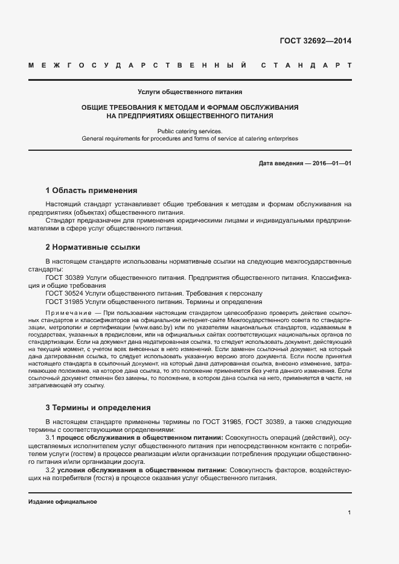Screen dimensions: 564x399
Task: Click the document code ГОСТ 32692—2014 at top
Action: point(315,42)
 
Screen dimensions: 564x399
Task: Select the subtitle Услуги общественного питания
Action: point(190,92)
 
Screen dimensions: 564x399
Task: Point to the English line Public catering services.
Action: point(190,131)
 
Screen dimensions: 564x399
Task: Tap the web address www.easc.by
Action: point(154,327)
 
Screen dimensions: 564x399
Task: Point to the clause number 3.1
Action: point(51,437)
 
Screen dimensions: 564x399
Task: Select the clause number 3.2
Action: point(51,469)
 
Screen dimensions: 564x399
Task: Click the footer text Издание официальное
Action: point(63,501)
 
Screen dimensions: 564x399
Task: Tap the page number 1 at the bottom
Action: point(350,512)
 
